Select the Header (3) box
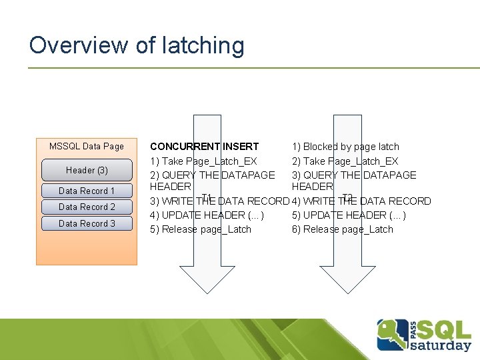87,170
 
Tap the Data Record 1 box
87,191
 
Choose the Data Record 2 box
87,207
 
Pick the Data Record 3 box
87,223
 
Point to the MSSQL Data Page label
87,147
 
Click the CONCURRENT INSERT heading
205,147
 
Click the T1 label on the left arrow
207,197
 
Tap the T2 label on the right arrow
347,197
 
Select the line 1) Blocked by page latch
345,147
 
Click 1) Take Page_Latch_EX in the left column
203,161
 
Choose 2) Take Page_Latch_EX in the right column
345,161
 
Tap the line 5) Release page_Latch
201,229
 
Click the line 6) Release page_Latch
342,229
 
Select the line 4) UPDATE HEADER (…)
207,215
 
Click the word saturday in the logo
440,345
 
